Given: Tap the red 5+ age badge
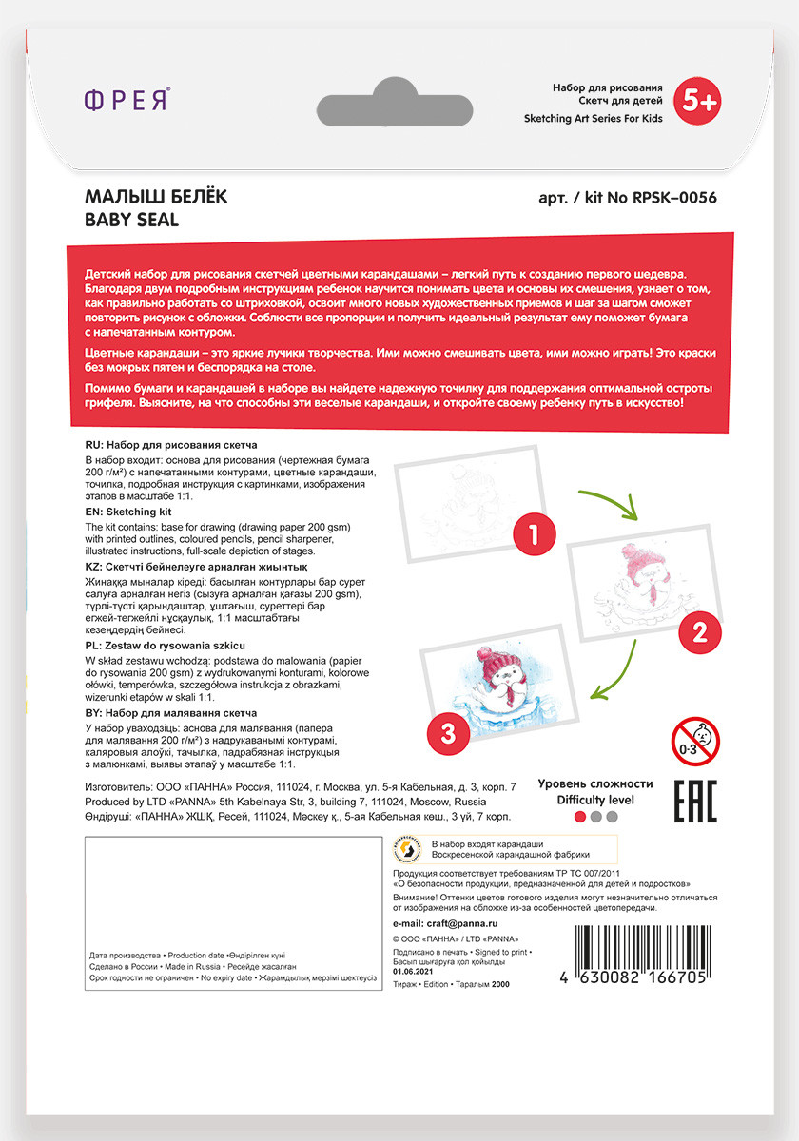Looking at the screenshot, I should click(x=696, y=99).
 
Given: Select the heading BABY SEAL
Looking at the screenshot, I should click(x=132, y=220).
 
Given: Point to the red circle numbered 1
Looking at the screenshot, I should click(x=534, y=533).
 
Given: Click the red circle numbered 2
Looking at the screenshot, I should click(x=699, y=631).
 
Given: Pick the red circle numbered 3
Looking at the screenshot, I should click(x=450, y=731).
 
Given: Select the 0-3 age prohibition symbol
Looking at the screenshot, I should click(x=696, y=741).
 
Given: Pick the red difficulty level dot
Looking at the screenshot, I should click(x=579, y=816).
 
